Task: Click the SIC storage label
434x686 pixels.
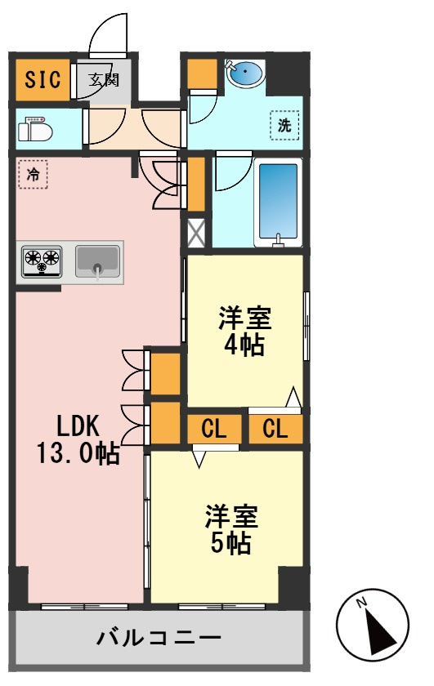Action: click(43, 80)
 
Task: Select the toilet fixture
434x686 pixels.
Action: click(35, 129)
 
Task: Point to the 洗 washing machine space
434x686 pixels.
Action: click(284, 125)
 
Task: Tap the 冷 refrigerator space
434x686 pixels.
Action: click(33, 174)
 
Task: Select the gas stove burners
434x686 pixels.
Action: click(42, 261)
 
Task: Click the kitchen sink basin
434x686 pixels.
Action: click(97, 261)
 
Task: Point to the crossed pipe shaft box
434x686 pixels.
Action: click(196, 234)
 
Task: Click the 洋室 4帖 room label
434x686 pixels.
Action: click(245, 332)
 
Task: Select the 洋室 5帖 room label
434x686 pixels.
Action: click(231, 529)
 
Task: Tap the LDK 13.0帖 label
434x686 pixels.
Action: click(78, 439)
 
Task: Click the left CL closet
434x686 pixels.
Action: click(214, 429)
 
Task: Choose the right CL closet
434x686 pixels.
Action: click(275, 429)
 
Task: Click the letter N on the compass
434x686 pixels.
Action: click(361, 604)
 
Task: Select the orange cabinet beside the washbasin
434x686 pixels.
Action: click(203, 73)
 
